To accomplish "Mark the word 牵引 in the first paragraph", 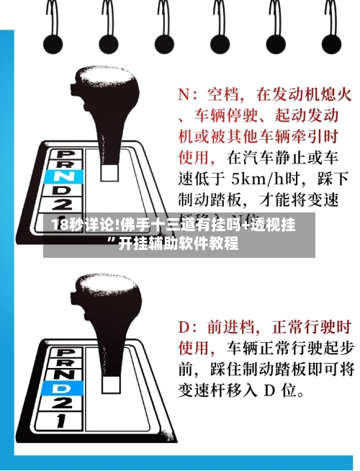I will click(308, 135).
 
